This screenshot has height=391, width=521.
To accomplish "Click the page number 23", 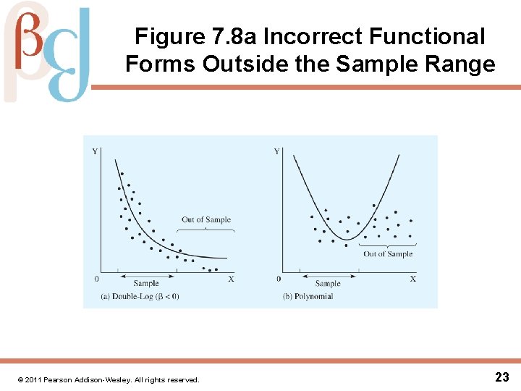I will (502, 377).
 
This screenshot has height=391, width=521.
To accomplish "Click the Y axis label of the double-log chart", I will (96, 151).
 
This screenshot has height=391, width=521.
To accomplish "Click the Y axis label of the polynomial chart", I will (276, 151).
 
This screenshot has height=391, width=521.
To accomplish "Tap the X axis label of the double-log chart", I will (231, 279).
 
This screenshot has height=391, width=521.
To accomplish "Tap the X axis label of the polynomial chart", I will (413, 279).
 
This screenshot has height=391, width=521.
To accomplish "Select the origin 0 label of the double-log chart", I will (97, 279).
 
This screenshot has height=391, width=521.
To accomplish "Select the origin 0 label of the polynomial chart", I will (279, 279).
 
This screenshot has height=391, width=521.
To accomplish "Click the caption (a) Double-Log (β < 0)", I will (140, 296).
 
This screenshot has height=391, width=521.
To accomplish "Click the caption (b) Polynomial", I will (308, 296).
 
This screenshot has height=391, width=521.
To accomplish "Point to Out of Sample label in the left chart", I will (206, 219).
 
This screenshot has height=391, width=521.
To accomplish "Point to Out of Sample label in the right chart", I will (388, 254).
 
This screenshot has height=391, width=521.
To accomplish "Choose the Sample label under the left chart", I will (146, 284).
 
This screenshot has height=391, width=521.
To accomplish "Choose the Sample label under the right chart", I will (328, 284).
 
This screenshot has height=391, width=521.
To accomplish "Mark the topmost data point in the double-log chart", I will (122, 174).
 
